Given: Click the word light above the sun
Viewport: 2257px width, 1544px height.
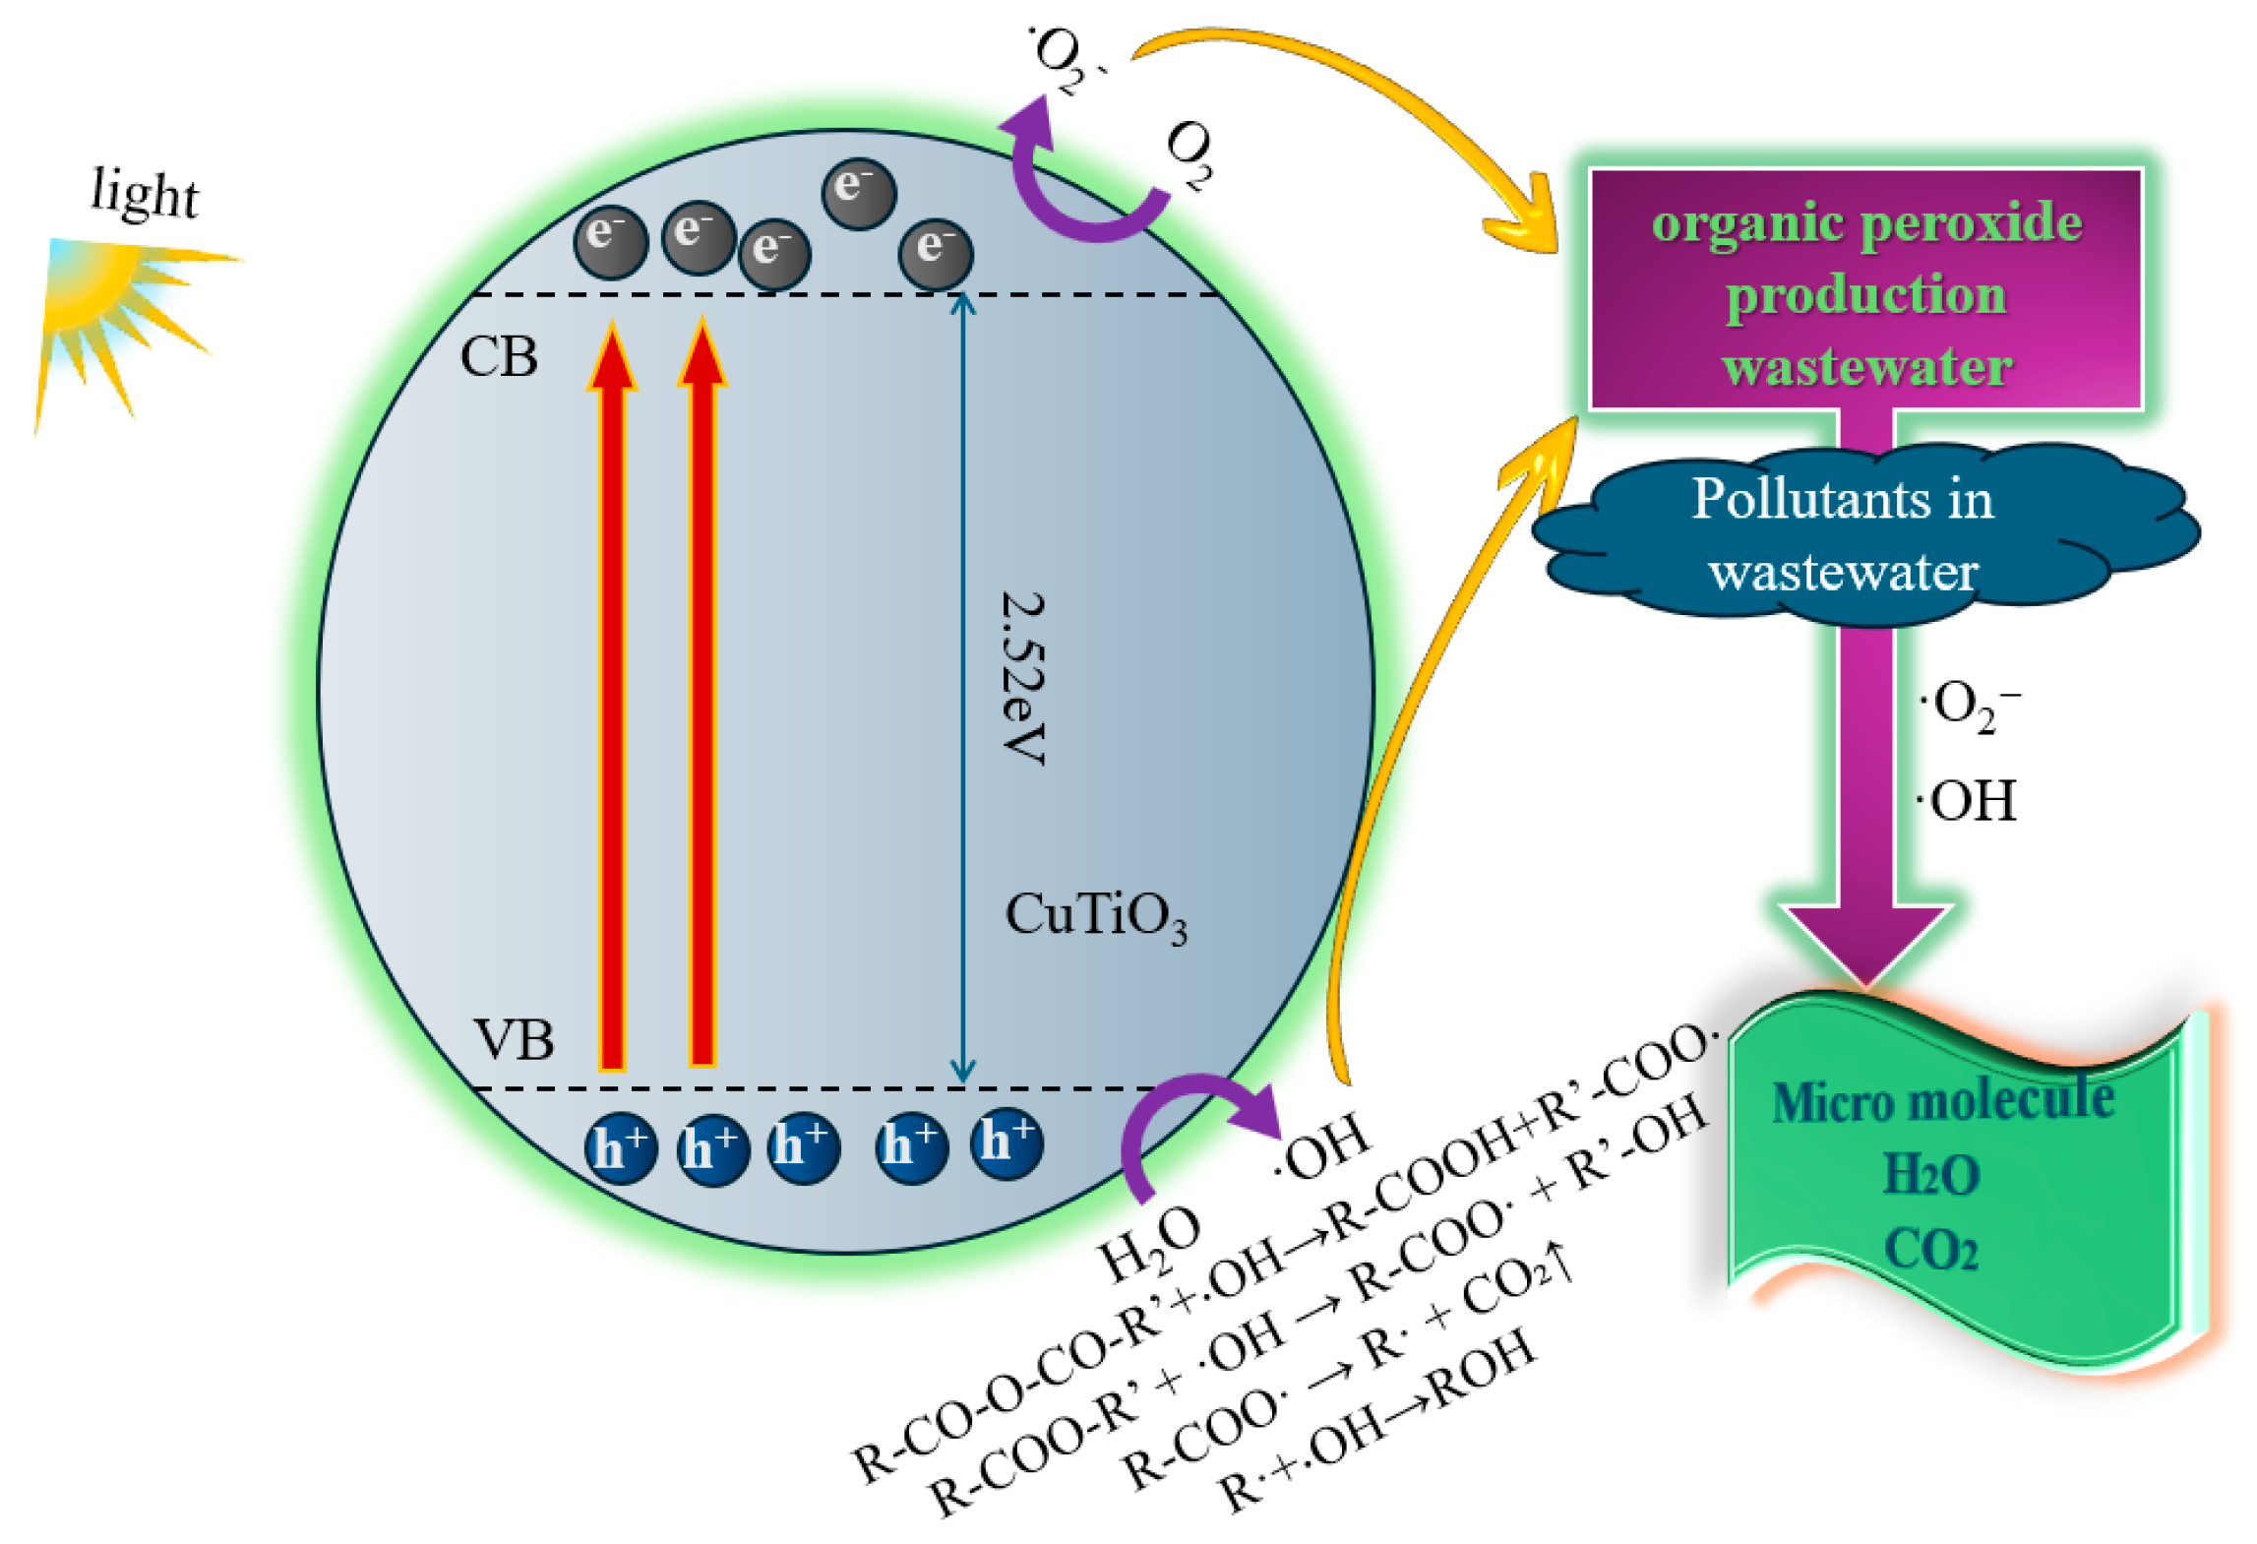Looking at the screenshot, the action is point(144,193).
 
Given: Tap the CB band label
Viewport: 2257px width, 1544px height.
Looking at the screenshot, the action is point(499,356).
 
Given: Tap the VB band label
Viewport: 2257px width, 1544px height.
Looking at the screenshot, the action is point(513,1039).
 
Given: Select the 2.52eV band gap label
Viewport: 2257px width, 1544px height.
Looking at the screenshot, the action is point(1023,678).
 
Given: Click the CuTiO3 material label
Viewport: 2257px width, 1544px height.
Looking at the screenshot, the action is point(1096,916).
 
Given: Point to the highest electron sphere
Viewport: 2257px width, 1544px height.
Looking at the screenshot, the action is point(859,194).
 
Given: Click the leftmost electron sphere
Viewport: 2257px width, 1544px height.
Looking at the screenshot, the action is point(611,242).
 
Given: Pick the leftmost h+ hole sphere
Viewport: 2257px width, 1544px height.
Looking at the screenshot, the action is point(621,1148).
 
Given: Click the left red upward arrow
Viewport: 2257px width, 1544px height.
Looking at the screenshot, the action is point(612,695).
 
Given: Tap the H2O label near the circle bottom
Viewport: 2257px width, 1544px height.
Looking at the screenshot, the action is point(1150,1242).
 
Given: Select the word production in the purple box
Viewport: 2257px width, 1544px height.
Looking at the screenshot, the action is point(1866,295).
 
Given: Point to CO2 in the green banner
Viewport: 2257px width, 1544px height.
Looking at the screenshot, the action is point(1930,1250).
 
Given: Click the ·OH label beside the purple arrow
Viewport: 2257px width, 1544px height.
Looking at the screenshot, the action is point(1967,801).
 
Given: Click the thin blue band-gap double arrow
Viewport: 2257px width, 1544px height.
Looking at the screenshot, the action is point(962,689).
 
